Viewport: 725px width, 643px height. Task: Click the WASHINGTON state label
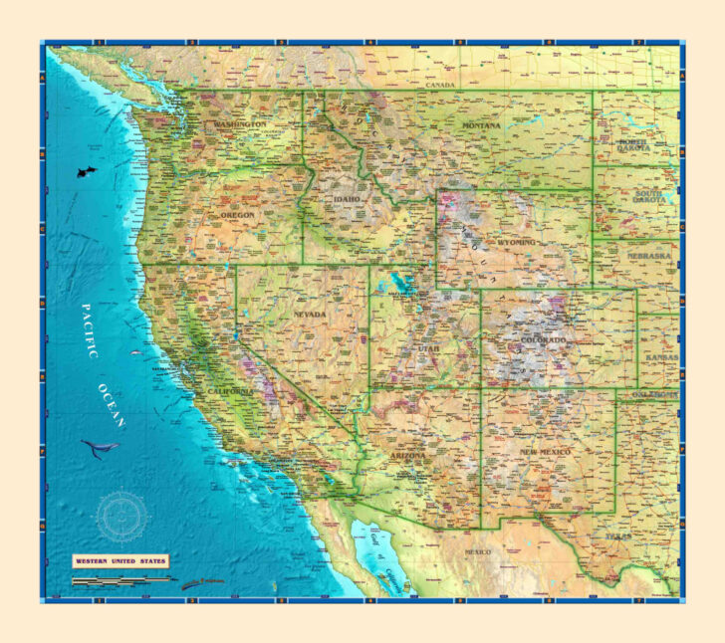(x=240, y=124)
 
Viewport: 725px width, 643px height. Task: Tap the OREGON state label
(x=237, y=214)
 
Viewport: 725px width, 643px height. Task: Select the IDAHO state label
(x=347, y=200)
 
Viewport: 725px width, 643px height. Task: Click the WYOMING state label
(x=517, y=242)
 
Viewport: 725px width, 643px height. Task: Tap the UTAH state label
(x=427, y=349)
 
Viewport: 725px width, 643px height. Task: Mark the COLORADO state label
(x=543, y=340)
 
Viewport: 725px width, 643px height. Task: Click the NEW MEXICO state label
(x=545, y=452)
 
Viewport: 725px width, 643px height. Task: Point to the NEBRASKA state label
(x=649, y=256)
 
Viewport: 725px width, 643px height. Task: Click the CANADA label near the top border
(x=439, y=86)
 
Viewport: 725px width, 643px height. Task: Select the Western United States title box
(x=121, y=561)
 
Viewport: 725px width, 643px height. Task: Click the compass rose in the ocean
(x=121, y=515)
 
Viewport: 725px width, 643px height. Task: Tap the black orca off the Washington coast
(x=86, y=172)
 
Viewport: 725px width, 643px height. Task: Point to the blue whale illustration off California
(x=100, y=447)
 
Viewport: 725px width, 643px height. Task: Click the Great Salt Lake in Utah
(x=403, y=281)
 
